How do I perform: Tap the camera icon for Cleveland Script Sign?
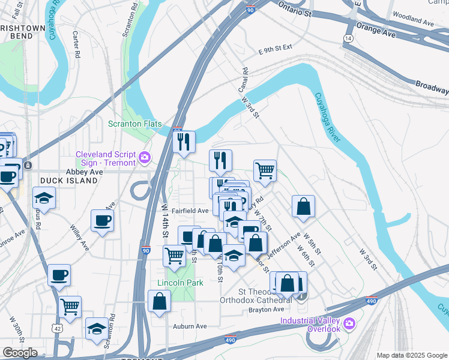pos(145,158)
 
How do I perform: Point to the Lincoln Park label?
pos(176,283)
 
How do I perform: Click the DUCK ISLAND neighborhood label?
pos(68,180)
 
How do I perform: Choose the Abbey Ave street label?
pos(85,171)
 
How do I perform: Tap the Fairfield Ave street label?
pos(190,211)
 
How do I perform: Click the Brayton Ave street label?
pos(266,310)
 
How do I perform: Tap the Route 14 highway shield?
pos(348,38)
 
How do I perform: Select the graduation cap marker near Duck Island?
pos(44,198)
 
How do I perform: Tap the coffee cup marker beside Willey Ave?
pos(102,220)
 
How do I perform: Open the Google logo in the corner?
pos(20,353)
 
